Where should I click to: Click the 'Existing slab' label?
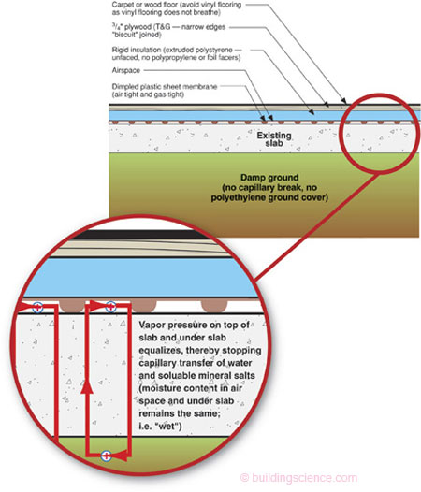coord(274,139)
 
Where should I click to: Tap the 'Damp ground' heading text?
coord(269,178)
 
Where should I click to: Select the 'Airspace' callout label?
coord(126,70)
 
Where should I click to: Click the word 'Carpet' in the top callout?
coord(122,5)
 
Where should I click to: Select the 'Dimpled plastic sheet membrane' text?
coord(165,87)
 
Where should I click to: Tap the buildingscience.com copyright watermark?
coord(298,478)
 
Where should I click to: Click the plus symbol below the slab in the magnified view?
coord(107,456)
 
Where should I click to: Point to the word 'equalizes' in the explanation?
coord(160,351)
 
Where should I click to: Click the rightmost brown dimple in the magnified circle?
coord(214,305)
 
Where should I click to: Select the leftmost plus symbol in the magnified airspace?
coord(37,307)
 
